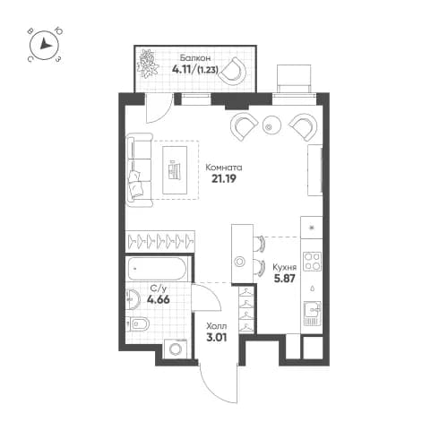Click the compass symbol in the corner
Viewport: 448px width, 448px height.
[x=45, y=46]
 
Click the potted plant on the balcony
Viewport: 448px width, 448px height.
[x=149, y=64]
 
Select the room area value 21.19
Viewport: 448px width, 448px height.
[x=223, y=179]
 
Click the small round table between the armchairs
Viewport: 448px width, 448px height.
[x=271, y=126]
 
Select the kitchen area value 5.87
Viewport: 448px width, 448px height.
[x=284, y=280]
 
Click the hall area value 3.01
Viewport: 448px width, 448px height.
[x=216, y=338]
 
